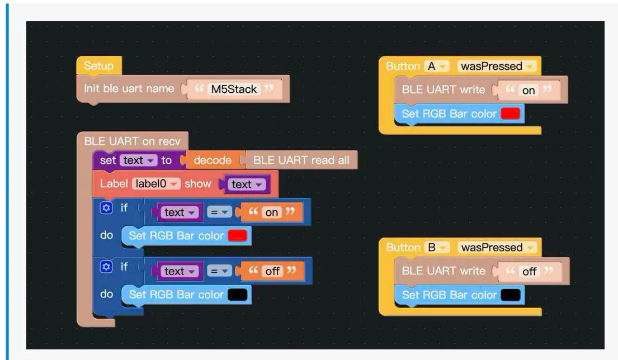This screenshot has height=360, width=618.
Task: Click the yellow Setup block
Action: (98, 66)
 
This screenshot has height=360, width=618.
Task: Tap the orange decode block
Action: (213, 160)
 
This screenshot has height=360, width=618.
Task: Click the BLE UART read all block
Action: (301, 160)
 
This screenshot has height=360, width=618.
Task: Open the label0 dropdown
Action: (156, 184)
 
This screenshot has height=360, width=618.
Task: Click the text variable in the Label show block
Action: (245, 184)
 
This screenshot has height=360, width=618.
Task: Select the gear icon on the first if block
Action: (106, 209)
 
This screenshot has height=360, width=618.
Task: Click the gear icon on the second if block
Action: (106, 267)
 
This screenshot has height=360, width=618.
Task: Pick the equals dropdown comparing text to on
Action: (219, 212)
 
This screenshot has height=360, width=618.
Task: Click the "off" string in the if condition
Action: (273, 271)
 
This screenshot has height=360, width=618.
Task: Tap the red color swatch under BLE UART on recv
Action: (237, 236)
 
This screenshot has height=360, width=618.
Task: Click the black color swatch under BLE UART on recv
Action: (237, 295)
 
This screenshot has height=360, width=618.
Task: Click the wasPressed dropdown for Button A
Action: (496, 67)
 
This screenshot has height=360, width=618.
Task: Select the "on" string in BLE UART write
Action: (528, 91)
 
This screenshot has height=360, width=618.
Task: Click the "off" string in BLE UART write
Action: (529, 272)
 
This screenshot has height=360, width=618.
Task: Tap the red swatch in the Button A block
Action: (510, 114)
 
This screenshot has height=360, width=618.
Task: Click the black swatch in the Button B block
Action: (510, 295)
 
